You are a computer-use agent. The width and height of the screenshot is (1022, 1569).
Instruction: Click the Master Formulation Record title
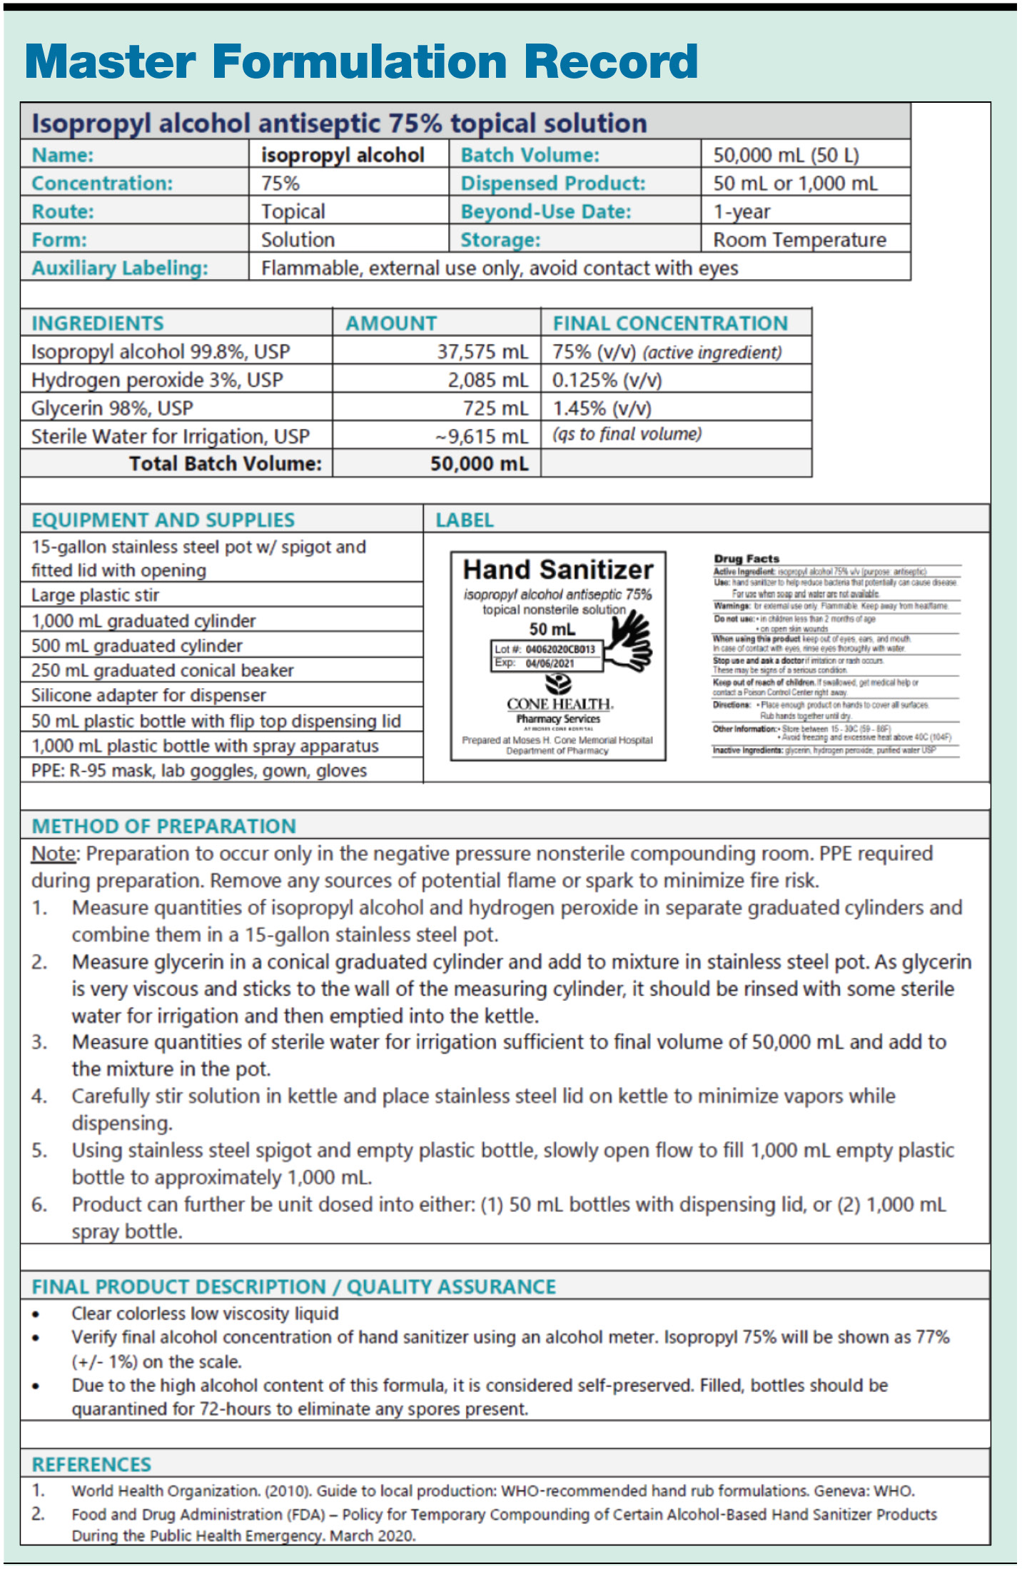[x=361, y=61]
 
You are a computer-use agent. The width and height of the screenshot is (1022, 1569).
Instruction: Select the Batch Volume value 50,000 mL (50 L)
[x=786, y=155]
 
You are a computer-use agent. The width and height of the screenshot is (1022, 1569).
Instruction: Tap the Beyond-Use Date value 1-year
[x=742, y=211]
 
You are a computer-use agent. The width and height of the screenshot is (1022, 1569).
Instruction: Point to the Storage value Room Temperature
[x=799, y=240]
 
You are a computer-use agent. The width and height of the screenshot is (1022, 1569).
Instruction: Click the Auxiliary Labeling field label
[x=120, y=268]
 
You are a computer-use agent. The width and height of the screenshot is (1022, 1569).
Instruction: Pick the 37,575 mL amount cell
[x=482, y=352]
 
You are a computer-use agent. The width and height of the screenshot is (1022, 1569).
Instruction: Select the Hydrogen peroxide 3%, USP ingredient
[x=157, y=380]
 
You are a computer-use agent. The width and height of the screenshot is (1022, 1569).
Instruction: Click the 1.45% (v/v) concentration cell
[x=602, y=408]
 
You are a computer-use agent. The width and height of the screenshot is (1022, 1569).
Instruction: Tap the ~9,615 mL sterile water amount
[x=482, y=436]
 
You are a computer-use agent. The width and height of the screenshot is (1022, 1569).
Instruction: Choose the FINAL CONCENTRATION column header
[x=669, y=323]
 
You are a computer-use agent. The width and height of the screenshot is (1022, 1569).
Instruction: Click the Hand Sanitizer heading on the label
[x=558, y=570]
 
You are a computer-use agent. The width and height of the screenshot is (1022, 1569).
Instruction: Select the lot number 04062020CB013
[x=560, y=650]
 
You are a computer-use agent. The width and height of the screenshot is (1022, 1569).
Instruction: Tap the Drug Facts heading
[x=747, y=558]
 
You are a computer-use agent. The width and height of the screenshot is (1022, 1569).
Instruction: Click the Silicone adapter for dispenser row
[x=148, y=695]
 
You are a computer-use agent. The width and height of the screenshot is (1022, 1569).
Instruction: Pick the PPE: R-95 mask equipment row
[x=199, y=771]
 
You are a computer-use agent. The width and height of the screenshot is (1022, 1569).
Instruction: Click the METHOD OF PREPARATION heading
[x=164, y=826]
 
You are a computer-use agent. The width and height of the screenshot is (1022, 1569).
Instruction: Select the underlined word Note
[x=54, y=854]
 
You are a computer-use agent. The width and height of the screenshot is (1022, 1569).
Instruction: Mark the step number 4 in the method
[x=39, y=1096]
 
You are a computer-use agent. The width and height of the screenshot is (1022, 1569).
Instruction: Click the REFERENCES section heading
[x=91, y=1465]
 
